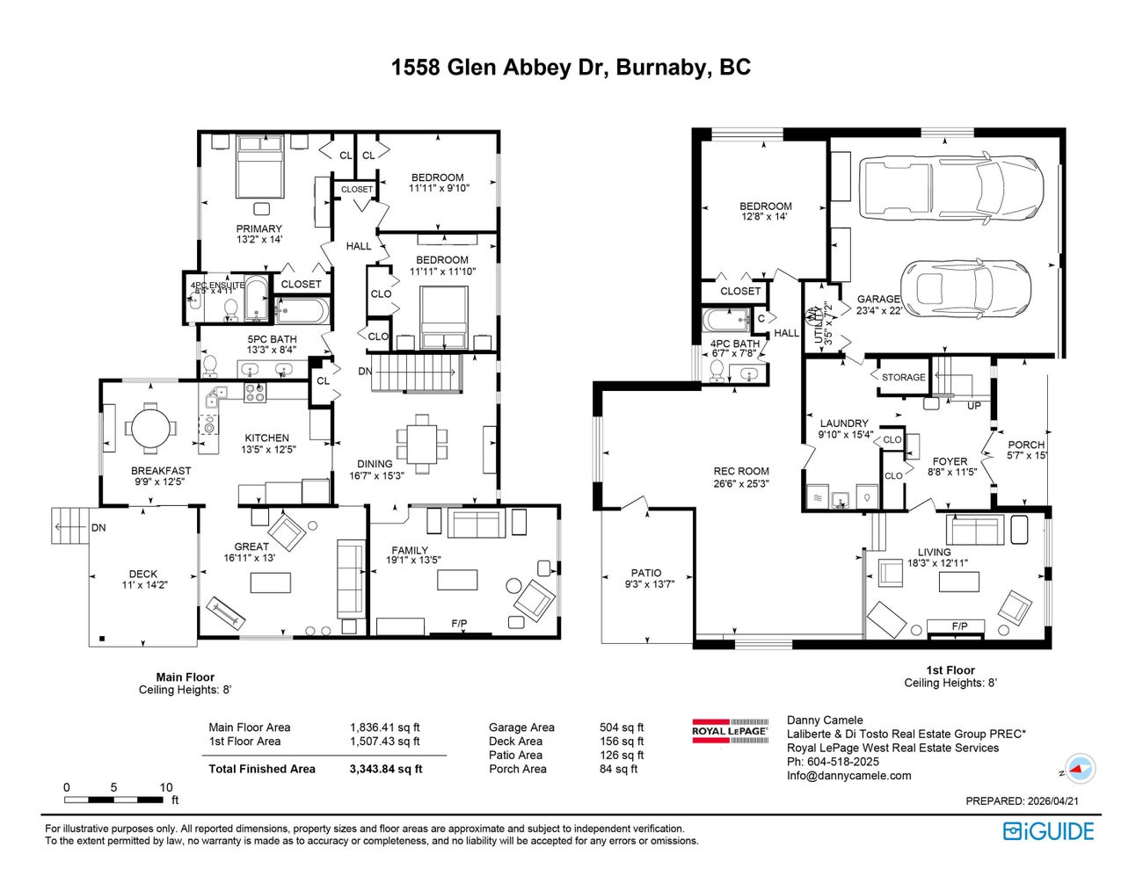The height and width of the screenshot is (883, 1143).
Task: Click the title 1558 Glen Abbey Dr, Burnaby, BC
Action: pos(571,68)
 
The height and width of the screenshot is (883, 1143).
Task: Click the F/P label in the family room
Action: pos(459,624)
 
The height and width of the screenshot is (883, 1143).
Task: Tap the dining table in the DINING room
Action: pos(421,437)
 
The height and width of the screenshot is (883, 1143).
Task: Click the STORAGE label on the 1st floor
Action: pos(903,377)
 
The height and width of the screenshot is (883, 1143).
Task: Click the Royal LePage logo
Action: pos(730,731)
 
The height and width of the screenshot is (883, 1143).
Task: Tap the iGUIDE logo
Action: pos(1048,831)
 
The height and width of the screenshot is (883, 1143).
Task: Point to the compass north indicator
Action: pos(1080,769)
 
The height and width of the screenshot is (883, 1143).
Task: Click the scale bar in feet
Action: pos(114,800)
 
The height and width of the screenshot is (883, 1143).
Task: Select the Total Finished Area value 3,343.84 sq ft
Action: pos(386,769)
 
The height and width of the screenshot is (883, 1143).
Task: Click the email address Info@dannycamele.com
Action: pos(848,776)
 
